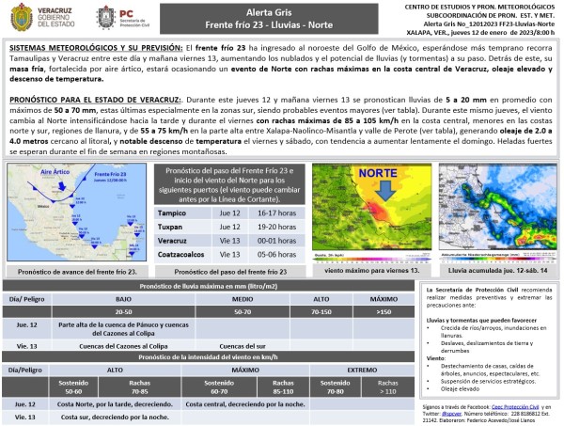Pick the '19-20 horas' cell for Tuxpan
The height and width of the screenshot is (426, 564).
[x=268, y=227]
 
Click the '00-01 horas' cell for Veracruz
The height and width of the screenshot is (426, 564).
[x=268, y=240]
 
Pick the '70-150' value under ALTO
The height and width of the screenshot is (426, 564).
[x=322, y=309]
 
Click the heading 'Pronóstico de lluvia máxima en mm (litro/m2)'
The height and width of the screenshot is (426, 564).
[x=211, y=285]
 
